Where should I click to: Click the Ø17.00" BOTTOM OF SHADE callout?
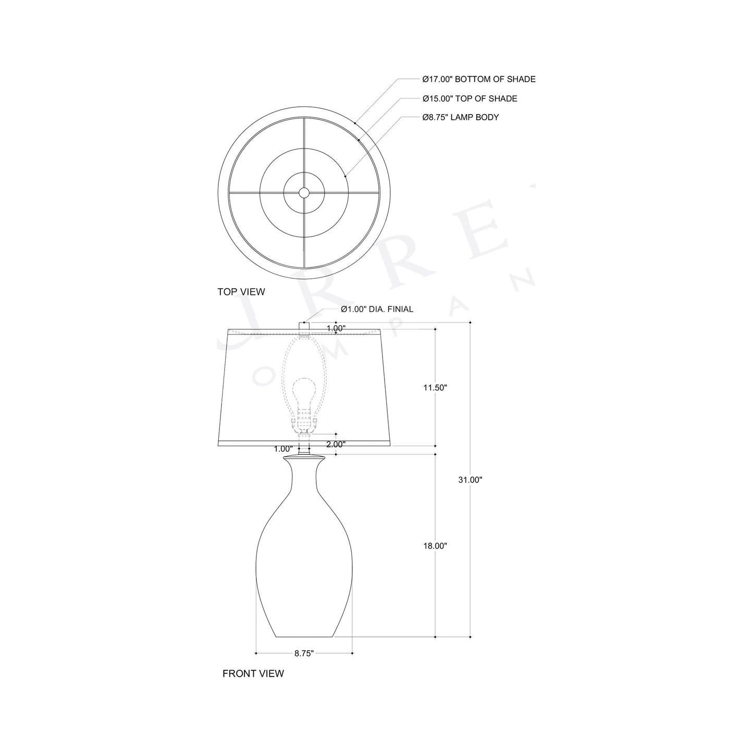(x=479, y=79)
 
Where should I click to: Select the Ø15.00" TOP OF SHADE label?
(x=470, y=98)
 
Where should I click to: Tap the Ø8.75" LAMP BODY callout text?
(x=461, y=117)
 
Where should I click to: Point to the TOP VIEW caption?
(x=241, y=292)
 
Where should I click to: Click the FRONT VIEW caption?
(x=253, y=673)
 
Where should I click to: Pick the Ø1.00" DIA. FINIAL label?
(x=377, y=309)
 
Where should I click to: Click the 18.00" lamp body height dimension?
(x=435, y=546)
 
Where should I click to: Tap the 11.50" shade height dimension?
(x=435, y=388)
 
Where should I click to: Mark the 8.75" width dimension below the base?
(x=304, y=653)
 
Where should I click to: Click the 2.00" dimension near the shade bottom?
(x=336, y=444)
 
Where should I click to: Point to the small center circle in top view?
(x=304, y=193)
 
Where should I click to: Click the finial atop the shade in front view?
(x=304, y=326)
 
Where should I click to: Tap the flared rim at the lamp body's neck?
(x=304, y=458)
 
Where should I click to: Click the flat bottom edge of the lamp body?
(x=304, y=637)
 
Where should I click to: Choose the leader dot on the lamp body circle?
(x=346, y=177)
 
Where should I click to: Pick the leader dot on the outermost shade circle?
(x=355, y=124)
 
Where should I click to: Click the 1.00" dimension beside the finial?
(x=336, y=328)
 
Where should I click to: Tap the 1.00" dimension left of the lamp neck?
(x=282, y=449)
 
